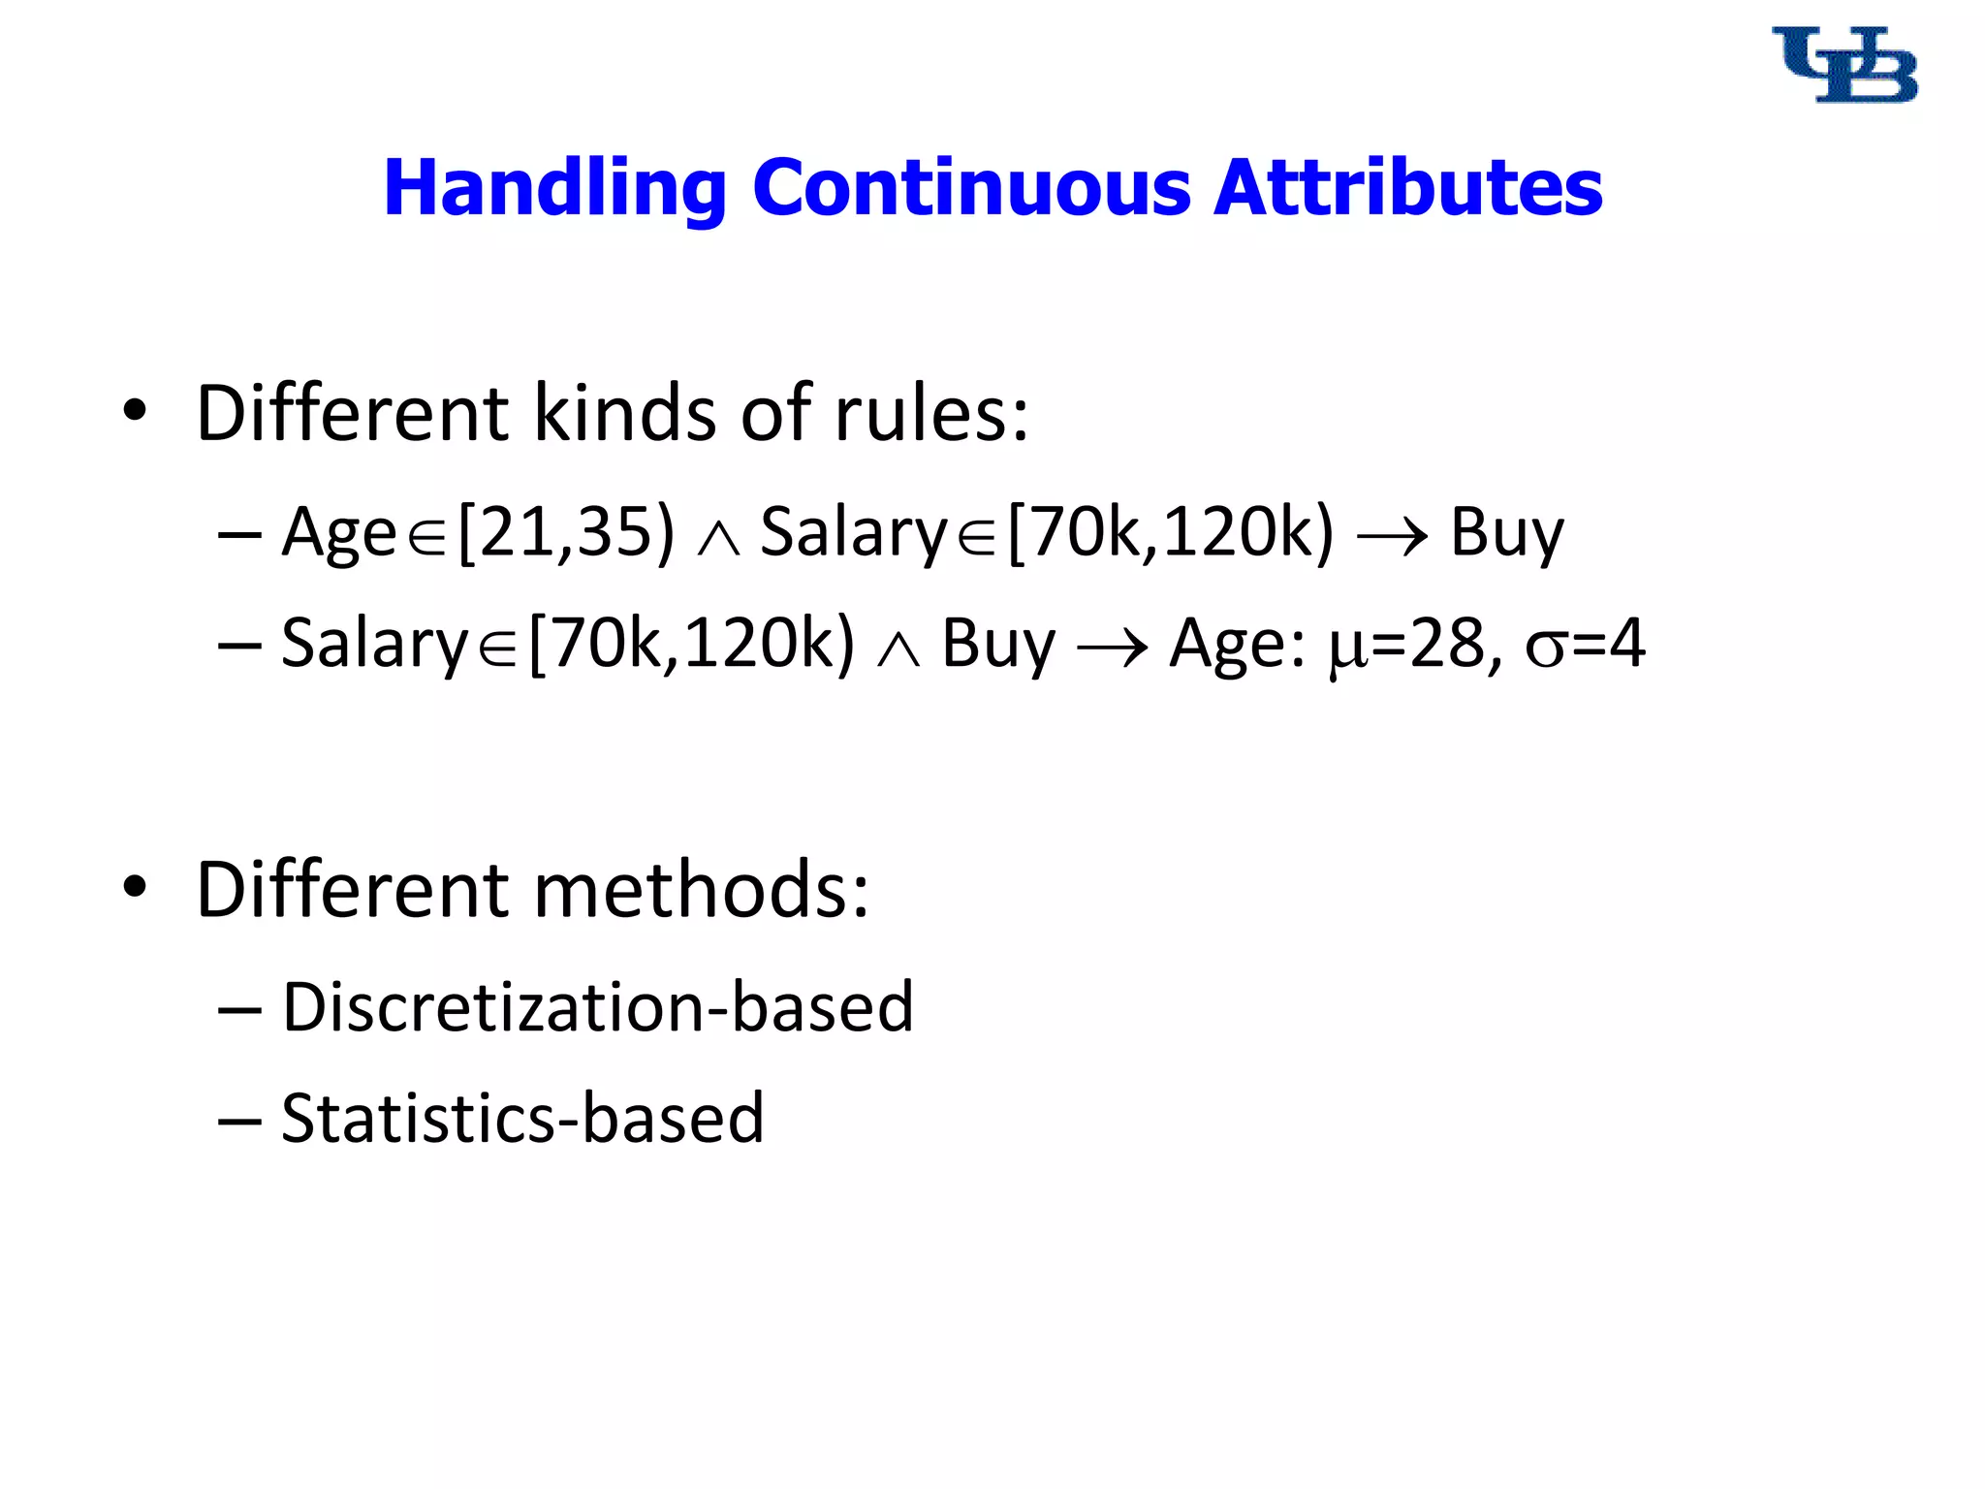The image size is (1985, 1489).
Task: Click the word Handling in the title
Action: [x=554, y=188]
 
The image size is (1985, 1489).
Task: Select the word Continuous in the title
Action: [x=971, y=188]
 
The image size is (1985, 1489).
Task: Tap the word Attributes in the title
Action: [x=1407, y=188]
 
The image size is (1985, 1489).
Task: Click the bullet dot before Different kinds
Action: [x=135, y=411]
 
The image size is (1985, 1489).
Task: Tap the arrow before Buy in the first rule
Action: [x=1392, y=536]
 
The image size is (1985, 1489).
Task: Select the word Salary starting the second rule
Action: [x=375, y=644]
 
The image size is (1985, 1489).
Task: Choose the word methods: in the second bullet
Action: [x=702, y=889]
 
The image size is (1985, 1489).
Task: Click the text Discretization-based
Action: [x=597, y=1007]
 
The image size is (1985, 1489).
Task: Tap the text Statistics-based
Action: [x=522, y=1119]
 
